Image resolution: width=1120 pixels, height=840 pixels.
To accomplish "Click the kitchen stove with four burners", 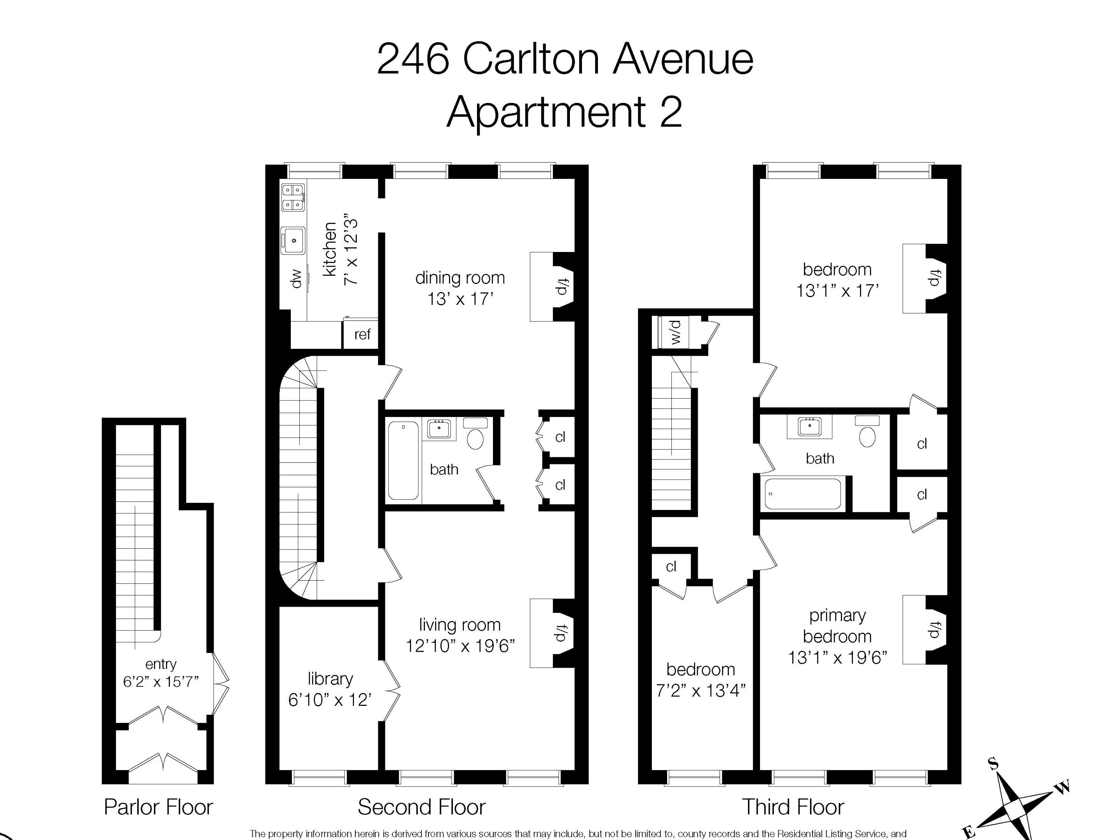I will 293,198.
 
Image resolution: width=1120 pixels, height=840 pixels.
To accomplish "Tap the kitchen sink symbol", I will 293,241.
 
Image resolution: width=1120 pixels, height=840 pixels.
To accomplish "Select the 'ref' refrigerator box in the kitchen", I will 362,334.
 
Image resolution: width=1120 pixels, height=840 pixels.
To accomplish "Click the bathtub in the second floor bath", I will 404,460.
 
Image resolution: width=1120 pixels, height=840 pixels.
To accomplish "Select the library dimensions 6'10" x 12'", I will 330,700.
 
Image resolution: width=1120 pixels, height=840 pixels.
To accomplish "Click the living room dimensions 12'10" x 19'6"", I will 460,646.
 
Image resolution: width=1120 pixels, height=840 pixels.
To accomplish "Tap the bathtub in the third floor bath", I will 802,493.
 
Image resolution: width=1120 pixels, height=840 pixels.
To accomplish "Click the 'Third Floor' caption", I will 793,807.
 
